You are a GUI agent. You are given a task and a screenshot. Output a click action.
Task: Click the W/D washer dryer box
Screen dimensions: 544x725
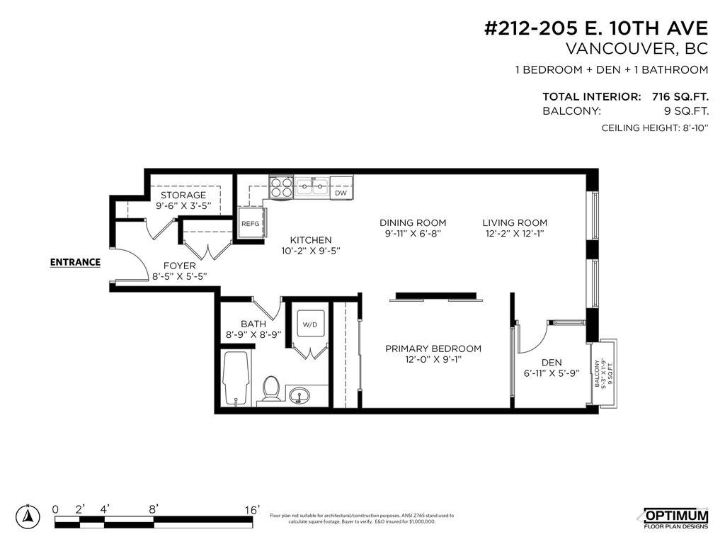coord(309,325)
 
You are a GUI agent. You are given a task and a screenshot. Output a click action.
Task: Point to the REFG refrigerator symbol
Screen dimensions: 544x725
coord(250,223)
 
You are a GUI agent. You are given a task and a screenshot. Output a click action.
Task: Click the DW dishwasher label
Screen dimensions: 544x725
coord(341,193)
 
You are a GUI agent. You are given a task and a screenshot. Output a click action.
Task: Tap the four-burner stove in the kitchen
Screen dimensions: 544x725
coord(280,188)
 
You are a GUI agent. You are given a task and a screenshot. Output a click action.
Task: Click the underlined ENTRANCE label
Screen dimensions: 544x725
coord(75,262)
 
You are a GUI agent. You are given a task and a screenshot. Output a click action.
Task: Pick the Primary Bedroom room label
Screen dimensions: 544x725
coord(433,348)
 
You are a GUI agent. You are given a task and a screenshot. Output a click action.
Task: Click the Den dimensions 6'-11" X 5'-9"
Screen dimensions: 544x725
coord(552,374)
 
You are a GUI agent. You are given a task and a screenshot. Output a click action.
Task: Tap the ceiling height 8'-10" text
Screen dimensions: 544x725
coord(654,128)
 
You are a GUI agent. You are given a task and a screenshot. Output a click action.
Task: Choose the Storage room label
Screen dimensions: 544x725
coord(183,195)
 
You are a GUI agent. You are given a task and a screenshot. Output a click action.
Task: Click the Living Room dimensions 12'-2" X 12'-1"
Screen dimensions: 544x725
coord(515,233)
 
